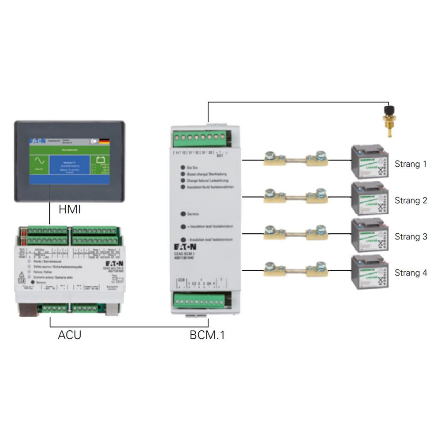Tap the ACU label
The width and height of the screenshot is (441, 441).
click(x=70, y=335)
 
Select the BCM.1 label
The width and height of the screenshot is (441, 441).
click(x=207, y=335)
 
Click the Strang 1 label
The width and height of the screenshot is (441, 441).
click(x=411, y=164)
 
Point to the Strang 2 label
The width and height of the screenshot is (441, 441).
click(x=411, y=201)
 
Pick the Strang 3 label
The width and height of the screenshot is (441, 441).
click(x=411, y=237)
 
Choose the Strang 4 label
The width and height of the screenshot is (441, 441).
click(x=411, y=273)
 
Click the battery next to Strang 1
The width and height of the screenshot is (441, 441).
click(x=370, y=161)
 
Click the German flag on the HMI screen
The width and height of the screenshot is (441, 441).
click(x=105, y=142)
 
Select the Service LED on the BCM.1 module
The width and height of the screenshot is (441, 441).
click(x=183, y=214)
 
